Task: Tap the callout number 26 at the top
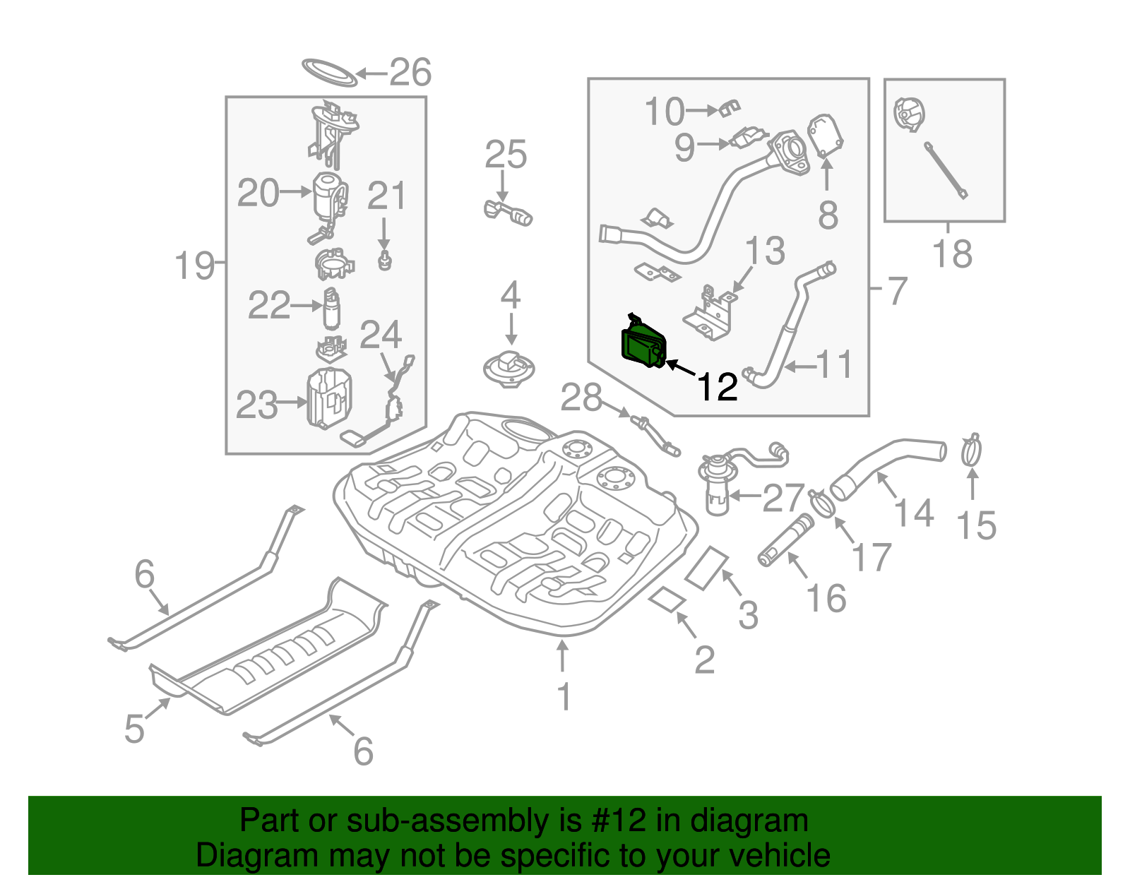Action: point(410,72)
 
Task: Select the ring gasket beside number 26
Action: point(328,72)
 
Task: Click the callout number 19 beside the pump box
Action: point(194,266)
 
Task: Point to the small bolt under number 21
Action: point(385,261)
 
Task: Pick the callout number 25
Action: point(506,155)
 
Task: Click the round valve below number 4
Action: point(509,369)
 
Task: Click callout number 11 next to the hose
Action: point(834,365)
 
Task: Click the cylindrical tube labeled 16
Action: point(785,542)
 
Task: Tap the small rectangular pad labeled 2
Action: point(667,600)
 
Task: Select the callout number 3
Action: point(748,614)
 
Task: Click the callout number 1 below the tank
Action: point(564,696)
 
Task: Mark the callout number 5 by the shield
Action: point(134,728)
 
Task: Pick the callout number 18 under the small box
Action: point(952,254)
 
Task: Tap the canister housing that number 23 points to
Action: point(328,398)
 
